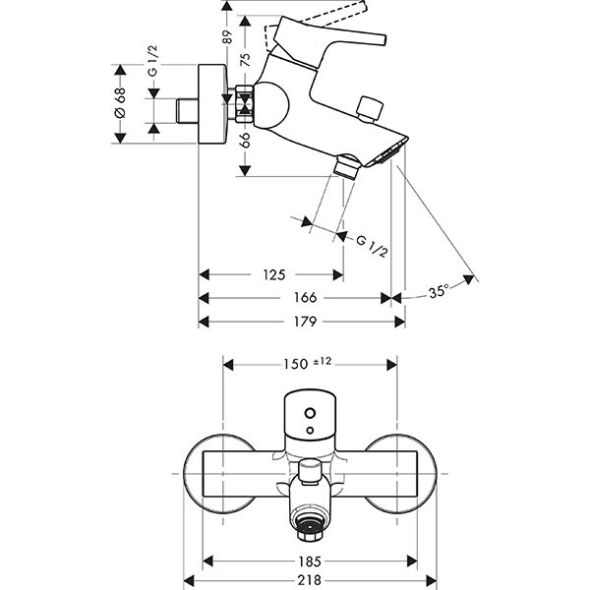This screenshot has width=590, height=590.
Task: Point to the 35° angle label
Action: pos(439,292)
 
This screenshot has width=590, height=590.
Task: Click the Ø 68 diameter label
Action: pos(120,103)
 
